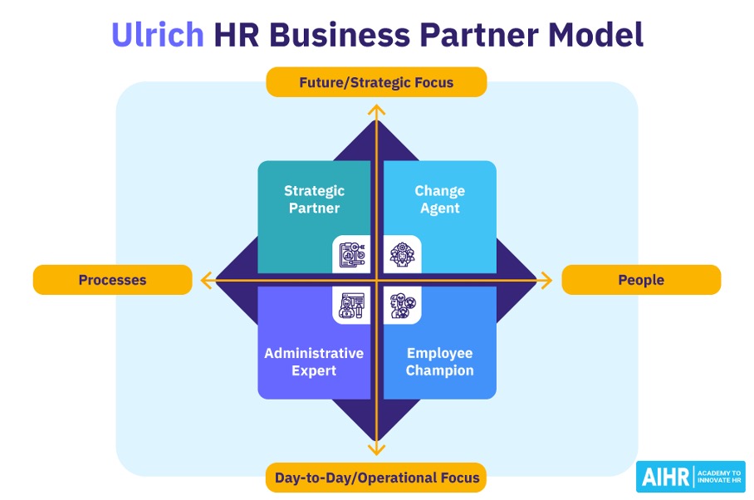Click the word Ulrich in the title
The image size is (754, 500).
tap(157, 36)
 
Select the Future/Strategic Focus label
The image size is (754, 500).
tap(376, 83)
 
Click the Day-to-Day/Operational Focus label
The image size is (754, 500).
tap(376, 478)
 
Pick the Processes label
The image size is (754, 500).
tap(112, 280)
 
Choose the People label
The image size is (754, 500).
tap(641, 280)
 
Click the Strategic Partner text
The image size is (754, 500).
tap(314, 200)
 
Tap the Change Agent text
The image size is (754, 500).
tap(439, 200)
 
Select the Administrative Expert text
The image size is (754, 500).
tap(314, 362)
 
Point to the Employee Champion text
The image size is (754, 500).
tap(439, 362)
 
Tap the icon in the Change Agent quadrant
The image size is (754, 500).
tap(403, 255)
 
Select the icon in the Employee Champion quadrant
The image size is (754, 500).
tap(403, 306)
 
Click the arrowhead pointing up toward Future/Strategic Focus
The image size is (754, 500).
tap(377, 110)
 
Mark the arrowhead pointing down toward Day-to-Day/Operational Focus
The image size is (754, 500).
tap(377, 450)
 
